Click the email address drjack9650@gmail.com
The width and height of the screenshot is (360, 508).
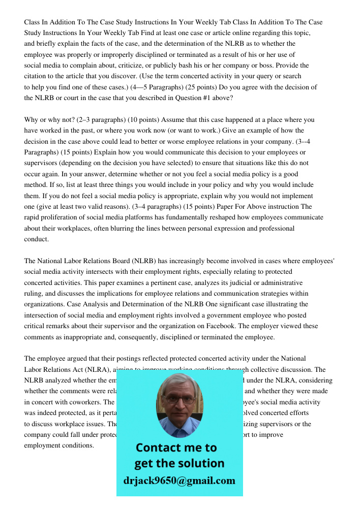(179, 481)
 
